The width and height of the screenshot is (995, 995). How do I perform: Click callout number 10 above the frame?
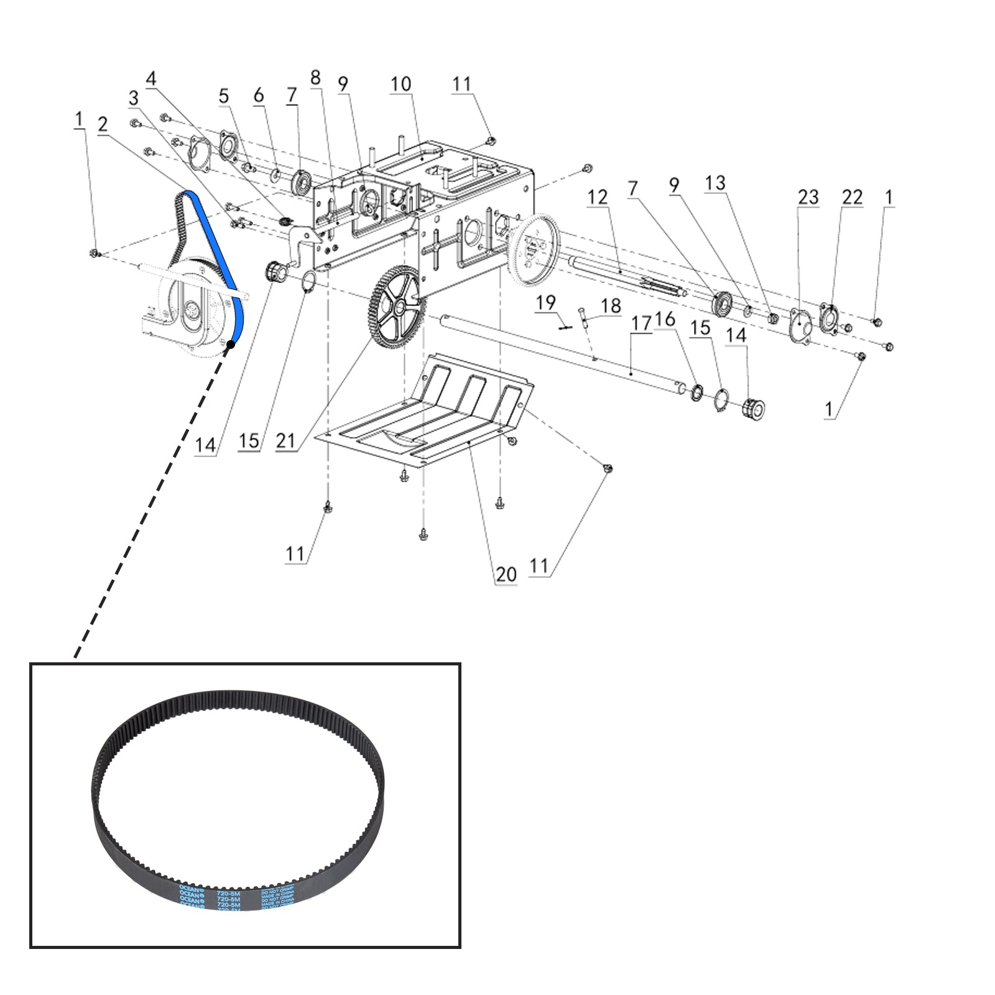tap(400, 84)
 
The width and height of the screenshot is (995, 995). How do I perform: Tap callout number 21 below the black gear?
tap(285, 441)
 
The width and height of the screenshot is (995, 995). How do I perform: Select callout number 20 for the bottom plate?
tap(506, 574)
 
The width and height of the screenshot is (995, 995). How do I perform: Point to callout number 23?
tap(808, 197)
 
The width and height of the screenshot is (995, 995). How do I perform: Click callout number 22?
tap(852, 197)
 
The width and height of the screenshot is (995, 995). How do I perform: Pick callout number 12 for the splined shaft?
tap(597, 197)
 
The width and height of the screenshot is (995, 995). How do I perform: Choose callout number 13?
tap(715, 183)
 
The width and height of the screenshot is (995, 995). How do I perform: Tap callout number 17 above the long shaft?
tap(641, 323)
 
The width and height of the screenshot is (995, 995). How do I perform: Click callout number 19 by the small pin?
tap(545, 303)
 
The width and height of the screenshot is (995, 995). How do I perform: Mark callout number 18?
tap(611, 305)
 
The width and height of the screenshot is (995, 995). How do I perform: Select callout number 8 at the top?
tap(315, 78)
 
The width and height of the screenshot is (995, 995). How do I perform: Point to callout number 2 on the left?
tap(103, 124)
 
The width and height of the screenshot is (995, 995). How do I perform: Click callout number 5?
tap(224, 96)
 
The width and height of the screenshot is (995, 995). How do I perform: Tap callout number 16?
tap(665, 320)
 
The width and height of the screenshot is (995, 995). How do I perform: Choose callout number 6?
tap(258, 95)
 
